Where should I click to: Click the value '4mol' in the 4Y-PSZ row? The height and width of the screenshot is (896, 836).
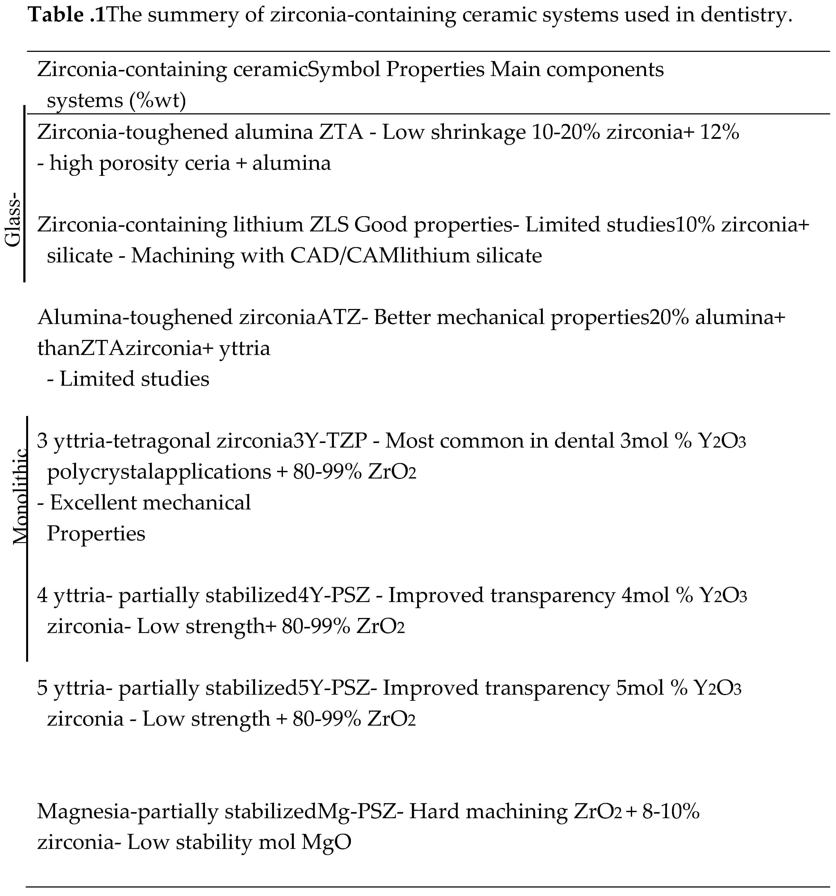tap(645, 596)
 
